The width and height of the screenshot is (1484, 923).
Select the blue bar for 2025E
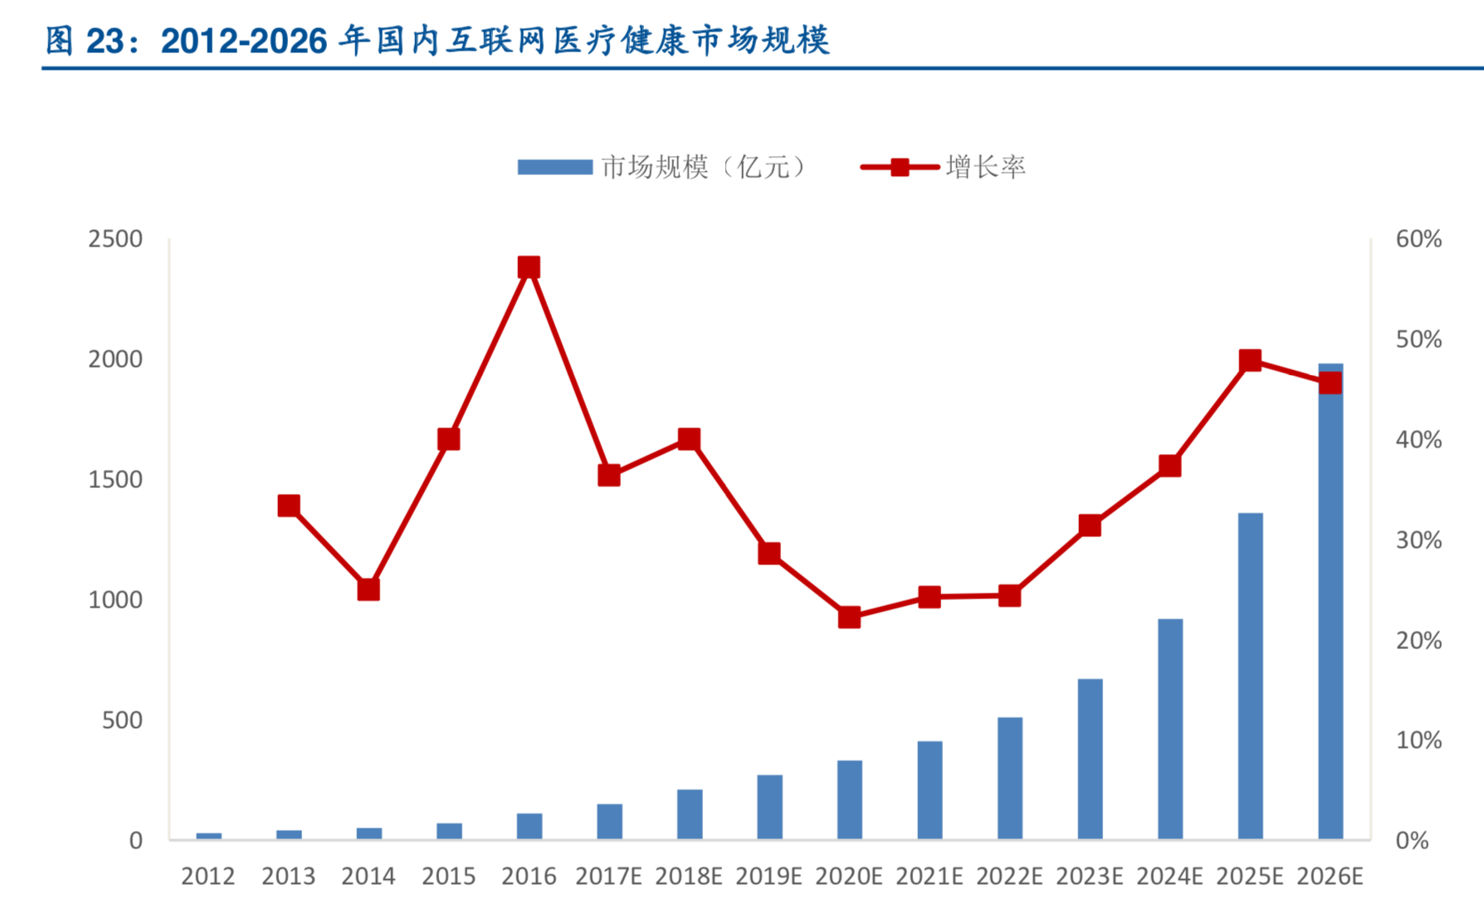(1250, 676)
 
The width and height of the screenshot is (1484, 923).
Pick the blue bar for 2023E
(1090, 759)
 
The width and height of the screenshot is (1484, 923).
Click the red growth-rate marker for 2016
(529, 267)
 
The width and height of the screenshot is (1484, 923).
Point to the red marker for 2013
(289, 505)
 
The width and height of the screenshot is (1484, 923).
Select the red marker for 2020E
(849, 618)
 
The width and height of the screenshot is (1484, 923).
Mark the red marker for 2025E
(1250, 360)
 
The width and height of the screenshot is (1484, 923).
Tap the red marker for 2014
(369, 589)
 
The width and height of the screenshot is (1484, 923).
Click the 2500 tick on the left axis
(115, 239)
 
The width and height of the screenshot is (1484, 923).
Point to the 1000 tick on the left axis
(115, 600)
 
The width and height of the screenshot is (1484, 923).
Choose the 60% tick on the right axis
(1418, 239)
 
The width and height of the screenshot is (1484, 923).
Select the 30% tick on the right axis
(1418, 540)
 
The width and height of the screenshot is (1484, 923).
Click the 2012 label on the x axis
(208, 877)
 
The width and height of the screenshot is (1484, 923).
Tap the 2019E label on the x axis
(769, 877)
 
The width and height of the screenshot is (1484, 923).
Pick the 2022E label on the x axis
(1009, 877)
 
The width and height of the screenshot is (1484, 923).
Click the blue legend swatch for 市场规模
(554, 168)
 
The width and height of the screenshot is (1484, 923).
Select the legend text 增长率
(986, 168)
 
